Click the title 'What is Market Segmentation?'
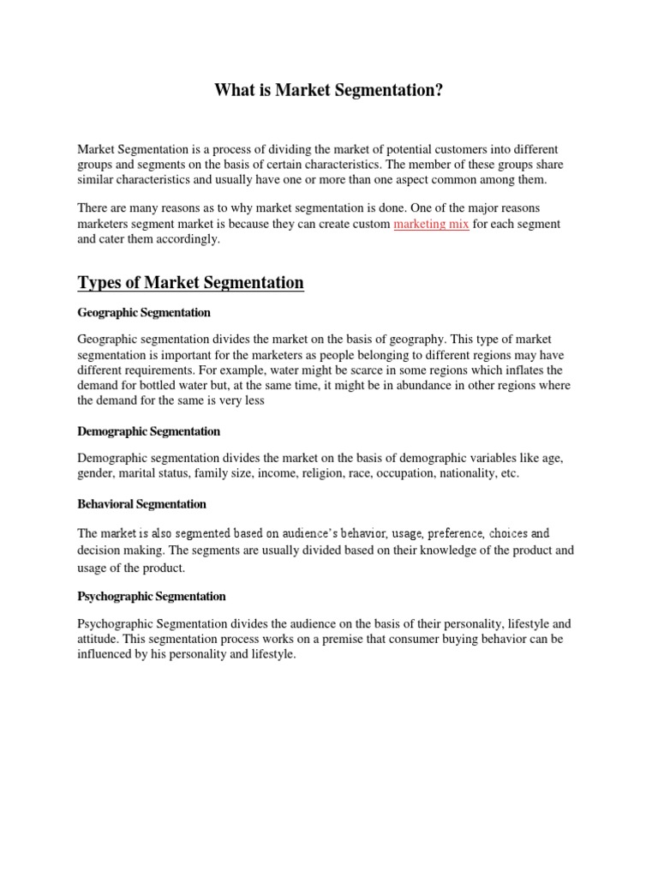coord(329,89)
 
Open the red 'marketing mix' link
coord(431,224)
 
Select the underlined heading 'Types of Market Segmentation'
coord(190,282)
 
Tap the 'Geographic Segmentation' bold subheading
coord(144,313)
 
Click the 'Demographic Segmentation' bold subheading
coord(148,431)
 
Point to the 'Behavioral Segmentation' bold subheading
coord(141,504)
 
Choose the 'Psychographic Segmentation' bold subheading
coord(152,596)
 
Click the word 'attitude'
coord(97,640)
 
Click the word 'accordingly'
coord(188,239)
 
